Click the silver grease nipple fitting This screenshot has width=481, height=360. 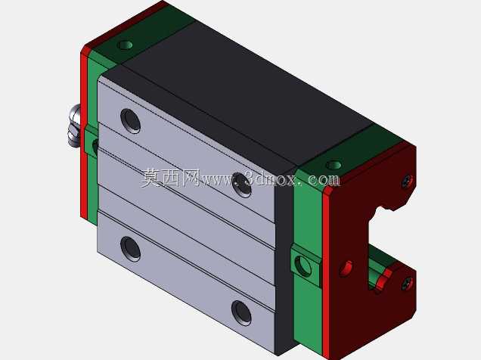(x=75, y=126)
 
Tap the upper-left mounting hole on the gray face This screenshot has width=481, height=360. (x=130, y=121)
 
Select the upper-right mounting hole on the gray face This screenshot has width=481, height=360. (x=242, y=185)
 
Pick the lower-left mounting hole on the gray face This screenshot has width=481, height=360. (x=130, y=249)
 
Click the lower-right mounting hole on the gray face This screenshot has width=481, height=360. (x=241, y=313)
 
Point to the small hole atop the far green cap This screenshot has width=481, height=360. (x=125, y=45)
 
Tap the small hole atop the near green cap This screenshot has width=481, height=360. (x=334, y=166)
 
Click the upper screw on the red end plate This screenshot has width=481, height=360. (x=408, y=182)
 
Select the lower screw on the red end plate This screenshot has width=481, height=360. (x=407, y=284)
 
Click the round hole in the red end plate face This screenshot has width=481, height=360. (x=346, y=269)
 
